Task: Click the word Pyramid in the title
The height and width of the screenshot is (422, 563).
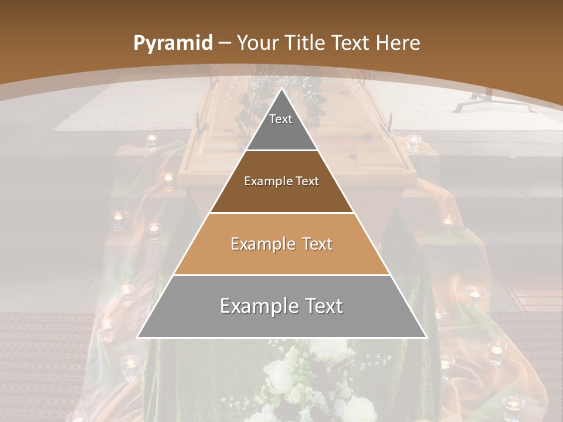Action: tap(173, 43)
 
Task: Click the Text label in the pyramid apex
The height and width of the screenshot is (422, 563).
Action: tap(281, 119)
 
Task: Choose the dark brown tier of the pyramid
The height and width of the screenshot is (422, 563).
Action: tap(281, 193)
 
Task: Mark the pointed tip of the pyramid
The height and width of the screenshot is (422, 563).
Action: tap(281, 90)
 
